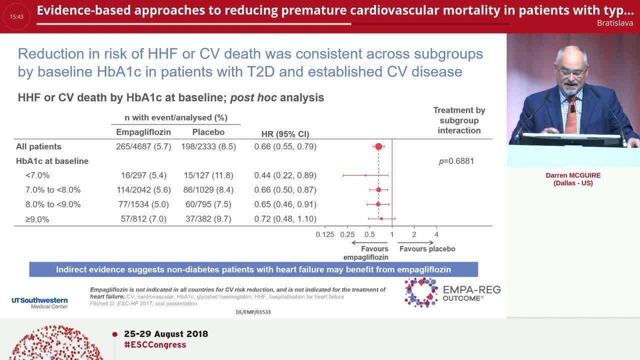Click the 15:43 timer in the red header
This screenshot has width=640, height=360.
tap(16, 17)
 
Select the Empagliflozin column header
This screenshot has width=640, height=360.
tap(143, 132)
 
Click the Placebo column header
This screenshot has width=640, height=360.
tap(208, 132)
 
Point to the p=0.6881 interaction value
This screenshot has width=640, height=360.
tap(456, 161)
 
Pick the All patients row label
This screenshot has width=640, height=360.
tap(38, 146)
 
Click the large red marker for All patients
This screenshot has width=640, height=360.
tap(378, 146)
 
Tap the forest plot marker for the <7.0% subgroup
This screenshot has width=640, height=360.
tap(365, 175)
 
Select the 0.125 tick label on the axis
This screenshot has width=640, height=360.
tap(325, 234)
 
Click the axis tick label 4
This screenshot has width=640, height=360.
tap(436, 234)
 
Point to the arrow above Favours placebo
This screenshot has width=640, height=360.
tap(415, 242)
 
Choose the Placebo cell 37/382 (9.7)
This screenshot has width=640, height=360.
tap(208, 219)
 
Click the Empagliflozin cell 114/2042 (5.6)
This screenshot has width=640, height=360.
tap(143, 190)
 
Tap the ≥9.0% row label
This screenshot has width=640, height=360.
tap(37, 219)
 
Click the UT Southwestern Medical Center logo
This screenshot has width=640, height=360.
tap(39, 303)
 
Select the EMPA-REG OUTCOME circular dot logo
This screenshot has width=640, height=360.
tap(421, 292)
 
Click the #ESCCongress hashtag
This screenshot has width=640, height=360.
tap(155, 345)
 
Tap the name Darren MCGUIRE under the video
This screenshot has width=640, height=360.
tap(573, 175)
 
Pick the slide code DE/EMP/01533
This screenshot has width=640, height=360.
tap(253, 312)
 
